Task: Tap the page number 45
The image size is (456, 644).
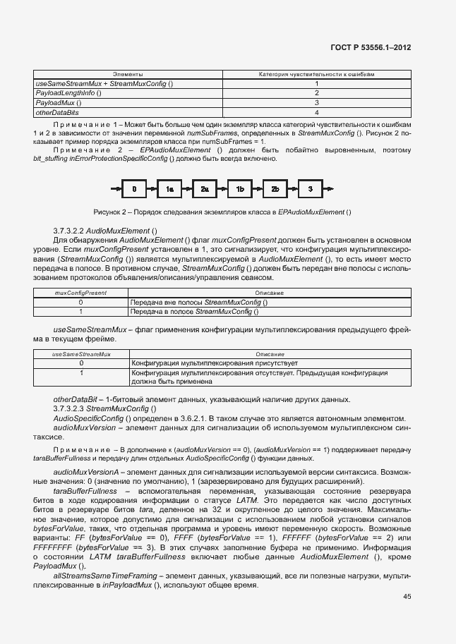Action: tap(407, 596)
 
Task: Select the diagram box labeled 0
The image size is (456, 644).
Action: tap(134, 188)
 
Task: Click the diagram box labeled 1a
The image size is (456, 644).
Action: tap(169, 188)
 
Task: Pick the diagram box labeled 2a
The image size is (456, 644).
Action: tap(205, 188)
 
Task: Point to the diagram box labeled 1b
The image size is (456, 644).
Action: tap(240, 188)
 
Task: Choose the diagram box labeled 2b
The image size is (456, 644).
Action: tap(275, 188)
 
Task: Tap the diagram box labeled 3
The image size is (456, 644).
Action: tap(311, 188)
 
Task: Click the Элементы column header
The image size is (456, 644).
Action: tap(128, 74)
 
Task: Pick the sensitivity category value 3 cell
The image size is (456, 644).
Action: tap(317, 102)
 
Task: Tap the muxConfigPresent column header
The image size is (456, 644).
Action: tap(81, 292)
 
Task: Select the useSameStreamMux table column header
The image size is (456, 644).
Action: tap(81, 353)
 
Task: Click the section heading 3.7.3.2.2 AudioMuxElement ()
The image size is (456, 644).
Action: tap(106, 231)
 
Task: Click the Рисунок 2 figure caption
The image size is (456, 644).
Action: tap(222, 212)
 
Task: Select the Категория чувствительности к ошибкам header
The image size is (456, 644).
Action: tap(317, 74)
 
